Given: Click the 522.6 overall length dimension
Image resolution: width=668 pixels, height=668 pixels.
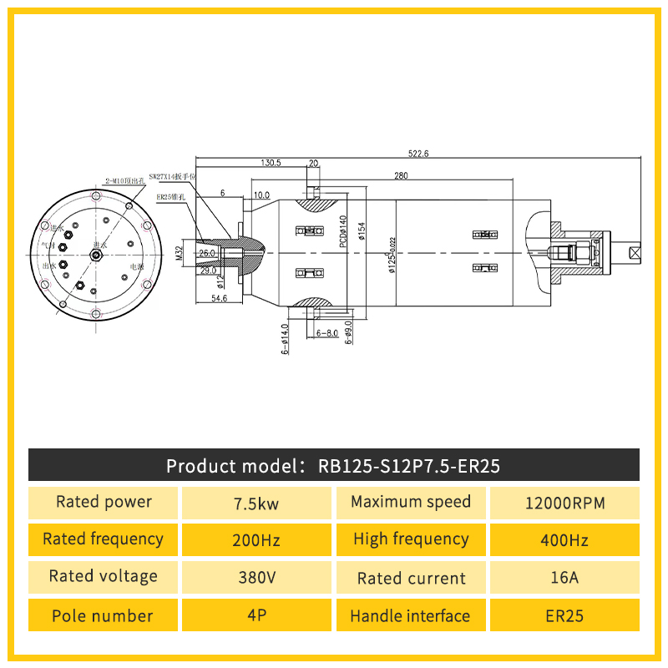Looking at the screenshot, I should click(x=417, y=154).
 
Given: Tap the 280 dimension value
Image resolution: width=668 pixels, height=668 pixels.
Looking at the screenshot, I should click(x=401, y=175).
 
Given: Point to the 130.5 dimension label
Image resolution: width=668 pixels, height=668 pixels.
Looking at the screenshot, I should click(x=271, y=163).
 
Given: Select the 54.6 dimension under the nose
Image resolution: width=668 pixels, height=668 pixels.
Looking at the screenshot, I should click(x=220, y=298).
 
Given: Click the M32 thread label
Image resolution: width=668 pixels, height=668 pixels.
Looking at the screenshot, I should click(x=179, y=254).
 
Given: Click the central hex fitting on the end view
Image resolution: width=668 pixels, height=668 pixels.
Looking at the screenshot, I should click(x=94, y=253).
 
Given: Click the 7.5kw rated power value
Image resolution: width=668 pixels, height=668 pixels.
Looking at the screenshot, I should click(x=256, y=504).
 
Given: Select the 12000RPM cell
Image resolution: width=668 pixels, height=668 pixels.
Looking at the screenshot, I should click(x=564, y=504).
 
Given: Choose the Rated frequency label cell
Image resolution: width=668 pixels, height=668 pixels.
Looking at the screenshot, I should click(x=103, y=539).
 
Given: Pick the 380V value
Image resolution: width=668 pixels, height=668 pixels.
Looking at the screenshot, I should click(x=256, y=578).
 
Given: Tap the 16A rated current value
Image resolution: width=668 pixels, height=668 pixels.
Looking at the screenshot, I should click(x=564, y=578).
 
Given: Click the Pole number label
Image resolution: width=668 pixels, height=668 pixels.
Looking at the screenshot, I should click(x=103, y=616).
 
